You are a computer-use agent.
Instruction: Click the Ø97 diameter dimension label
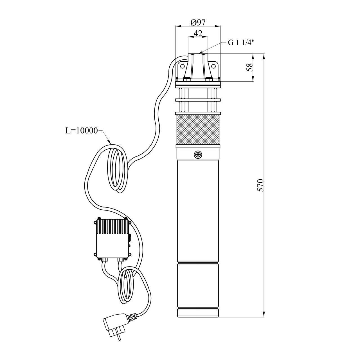tap(198, 23)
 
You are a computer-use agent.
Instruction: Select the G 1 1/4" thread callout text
tap(241, 43)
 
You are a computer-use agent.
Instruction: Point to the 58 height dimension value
tap(249, 67)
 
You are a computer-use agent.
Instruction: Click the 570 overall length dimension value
tap(260, 185)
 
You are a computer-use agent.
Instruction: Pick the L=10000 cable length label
tap(82, 131)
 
